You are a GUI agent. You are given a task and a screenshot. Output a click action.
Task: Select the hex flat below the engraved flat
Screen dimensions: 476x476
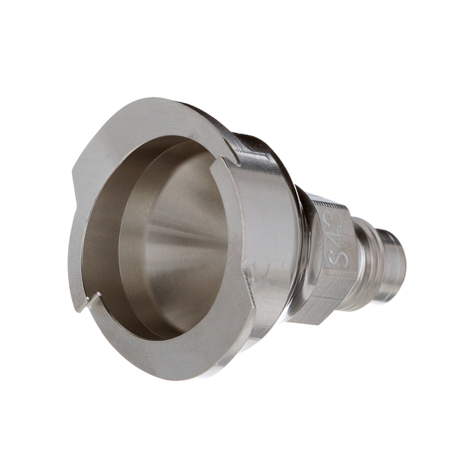[x=317, y=304]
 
